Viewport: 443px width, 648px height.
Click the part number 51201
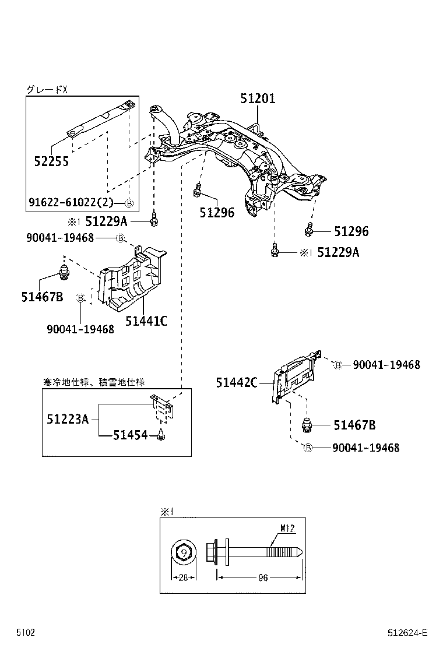(x=258, y=99)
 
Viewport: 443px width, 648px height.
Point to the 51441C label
(x=146, y=320)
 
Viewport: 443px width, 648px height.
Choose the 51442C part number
(x=236, y=383)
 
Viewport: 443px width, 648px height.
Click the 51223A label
(x=68, y=418)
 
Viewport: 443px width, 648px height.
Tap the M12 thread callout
(x=287, y=529)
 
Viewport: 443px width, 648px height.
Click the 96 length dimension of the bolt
(x=262, y=577)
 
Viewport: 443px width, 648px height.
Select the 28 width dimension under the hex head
(x=184, y=577)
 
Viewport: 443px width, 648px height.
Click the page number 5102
(x=25, y=632)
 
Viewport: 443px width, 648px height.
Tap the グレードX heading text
(x=47, y=89)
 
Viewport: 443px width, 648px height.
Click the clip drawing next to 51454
(x=161, y=435)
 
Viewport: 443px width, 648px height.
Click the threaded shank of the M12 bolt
(x=280, y=551)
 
